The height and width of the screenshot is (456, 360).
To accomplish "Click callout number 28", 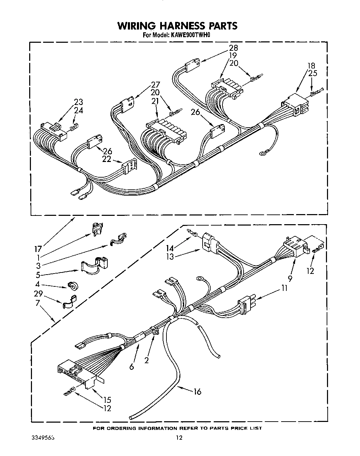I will point(233,48).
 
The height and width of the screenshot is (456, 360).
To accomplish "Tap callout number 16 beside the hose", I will point(197,392).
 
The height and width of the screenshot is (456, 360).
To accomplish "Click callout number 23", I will point(79,102).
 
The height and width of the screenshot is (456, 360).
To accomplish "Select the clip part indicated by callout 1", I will point(96,229).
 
